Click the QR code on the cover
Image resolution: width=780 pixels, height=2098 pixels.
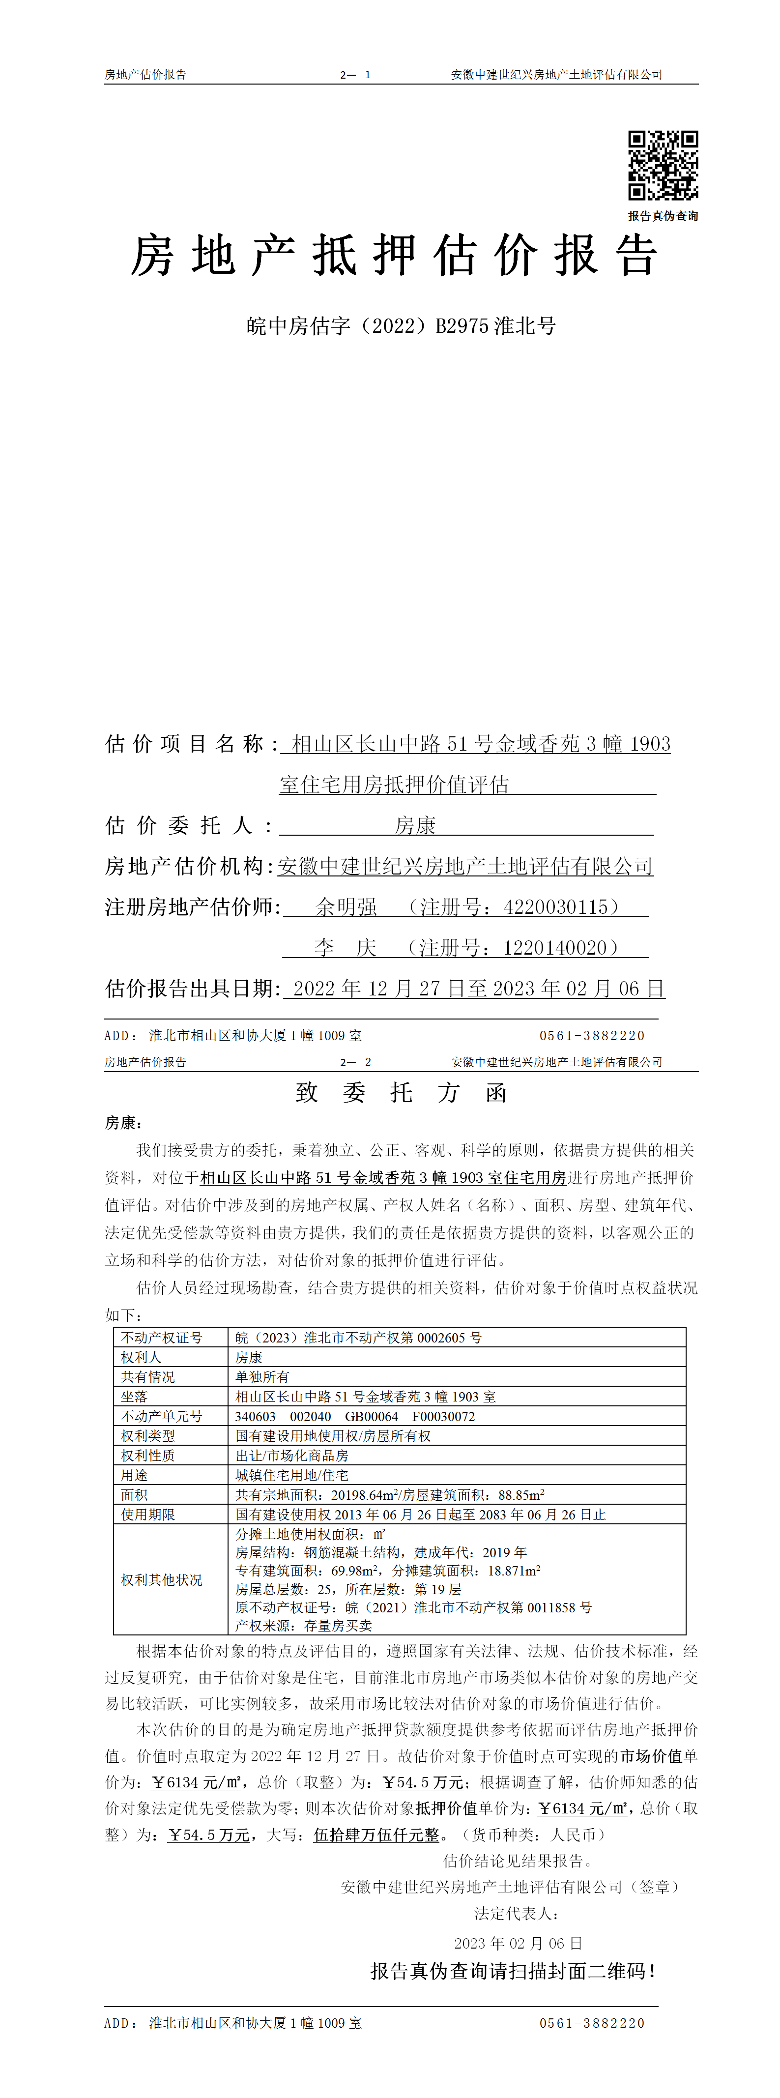pyautogui.click(x=663, y=165)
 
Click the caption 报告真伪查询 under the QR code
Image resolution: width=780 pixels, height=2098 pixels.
pyautogui.click(x=663, y=216)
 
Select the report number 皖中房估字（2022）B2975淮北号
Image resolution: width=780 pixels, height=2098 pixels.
pyautogui.click(x=401, y=326)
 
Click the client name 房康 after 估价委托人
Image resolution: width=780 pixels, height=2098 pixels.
pyautogui.click(x=415, y=825)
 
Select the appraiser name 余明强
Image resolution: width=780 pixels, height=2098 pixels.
pyautogui.click(x=346, y=906)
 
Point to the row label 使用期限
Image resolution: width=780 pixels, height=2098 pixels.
pyautogui.click(x=147, y=1514)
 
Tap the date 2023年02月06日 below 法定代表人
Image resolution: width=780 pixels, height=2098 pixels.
pyautogui.click(x=518, y=1943)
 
